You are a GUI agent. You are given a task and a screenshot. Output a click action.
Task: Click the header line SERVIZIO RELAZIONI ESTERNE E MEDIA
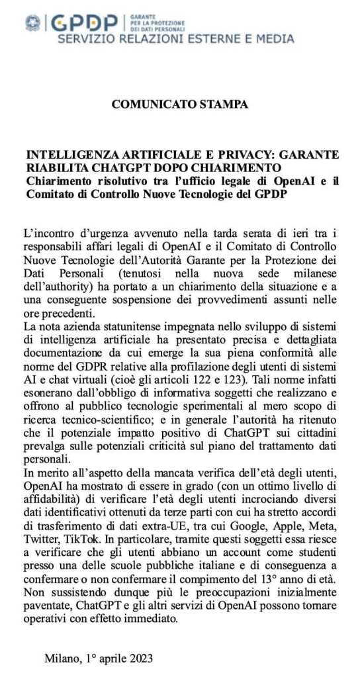(176, 39)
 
